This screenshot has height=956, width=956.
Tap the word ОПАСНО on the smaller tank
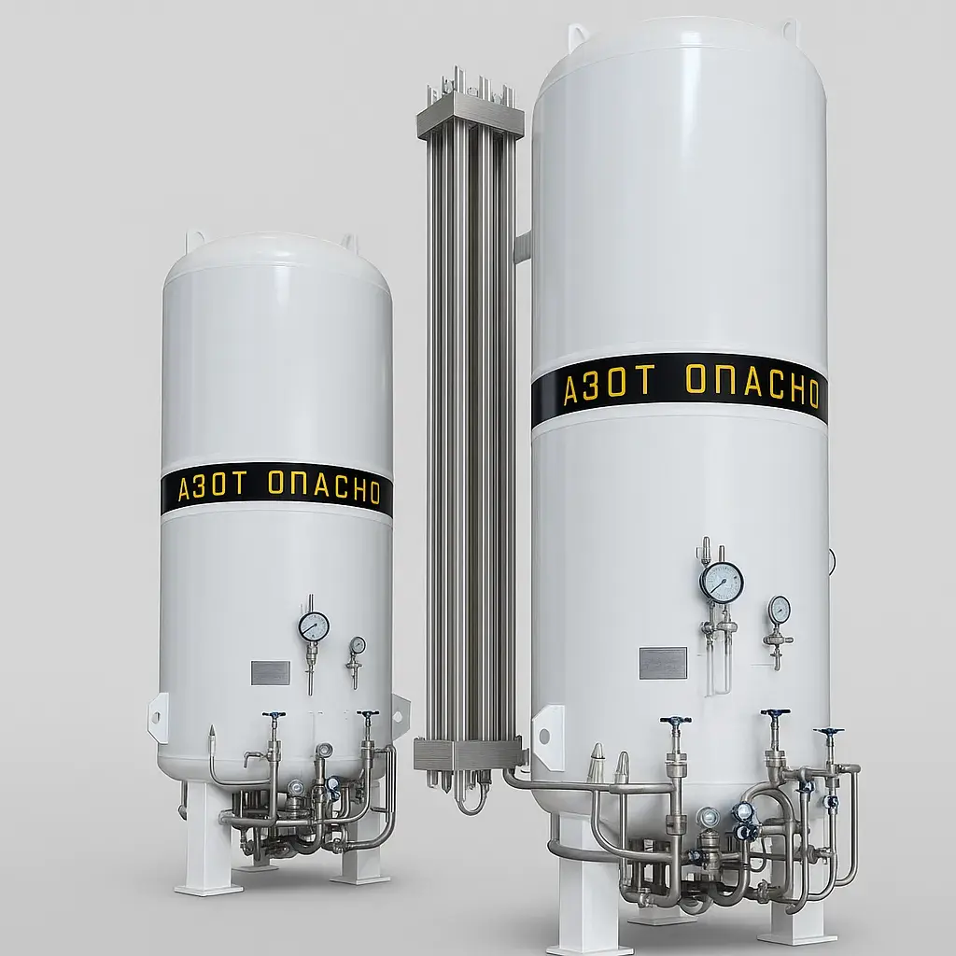(324, 487)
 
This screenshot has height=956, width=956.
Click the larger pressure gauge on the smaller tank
(314, 626)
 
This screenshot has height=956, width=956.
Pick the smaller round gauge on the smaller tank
(358, 645)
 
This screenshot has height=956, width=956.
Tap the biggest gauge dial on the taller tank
(722, 583)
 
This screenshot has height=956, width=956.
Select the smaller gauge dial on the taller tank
(779, 610)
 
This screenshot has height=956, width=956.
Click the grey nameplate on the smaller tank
(270, 672)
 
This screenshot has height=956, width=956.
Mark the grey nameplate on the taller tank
(663, 663)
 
